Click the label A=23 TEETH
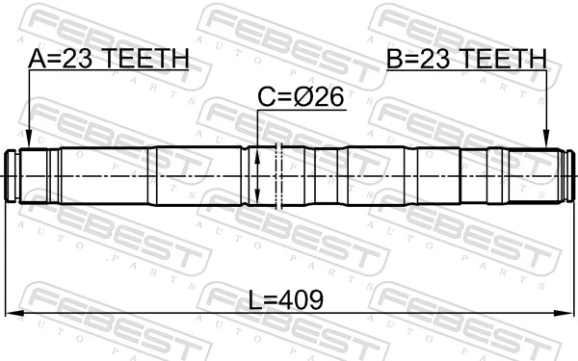pos(108,60)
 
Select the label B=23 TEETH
pos(466,60)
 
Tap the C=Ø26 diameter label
pos(301,96)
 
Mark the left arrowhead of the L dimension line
pos(13,314)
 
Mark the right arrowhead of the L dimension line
pos(565,314)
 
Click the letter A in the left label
pos(37,60)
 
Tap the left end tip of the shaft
pos(7,175)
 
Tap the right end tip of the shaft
pos(571,175)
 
